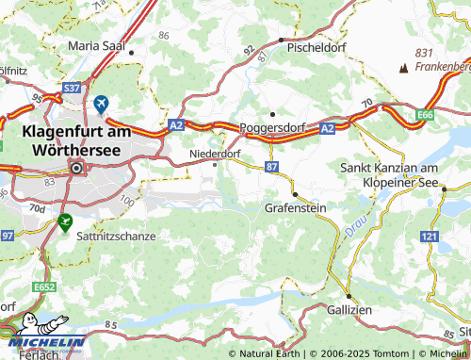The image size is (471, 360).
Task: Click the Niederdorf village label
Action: pyautogui.click(x=216, y=152)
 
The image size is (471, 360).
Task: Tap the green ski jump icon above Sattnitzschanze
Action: pyautogui.click(x=64, y=222)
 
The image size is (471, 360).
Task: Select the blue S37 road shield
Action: pyautogui.click(x=71, y=89)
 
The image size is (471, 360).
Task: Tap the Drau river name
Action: pyautogui.click(x=352, y=225)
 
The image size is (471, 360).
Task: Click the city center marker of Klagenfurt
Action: pyautogui.click(x=76, y=169)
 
